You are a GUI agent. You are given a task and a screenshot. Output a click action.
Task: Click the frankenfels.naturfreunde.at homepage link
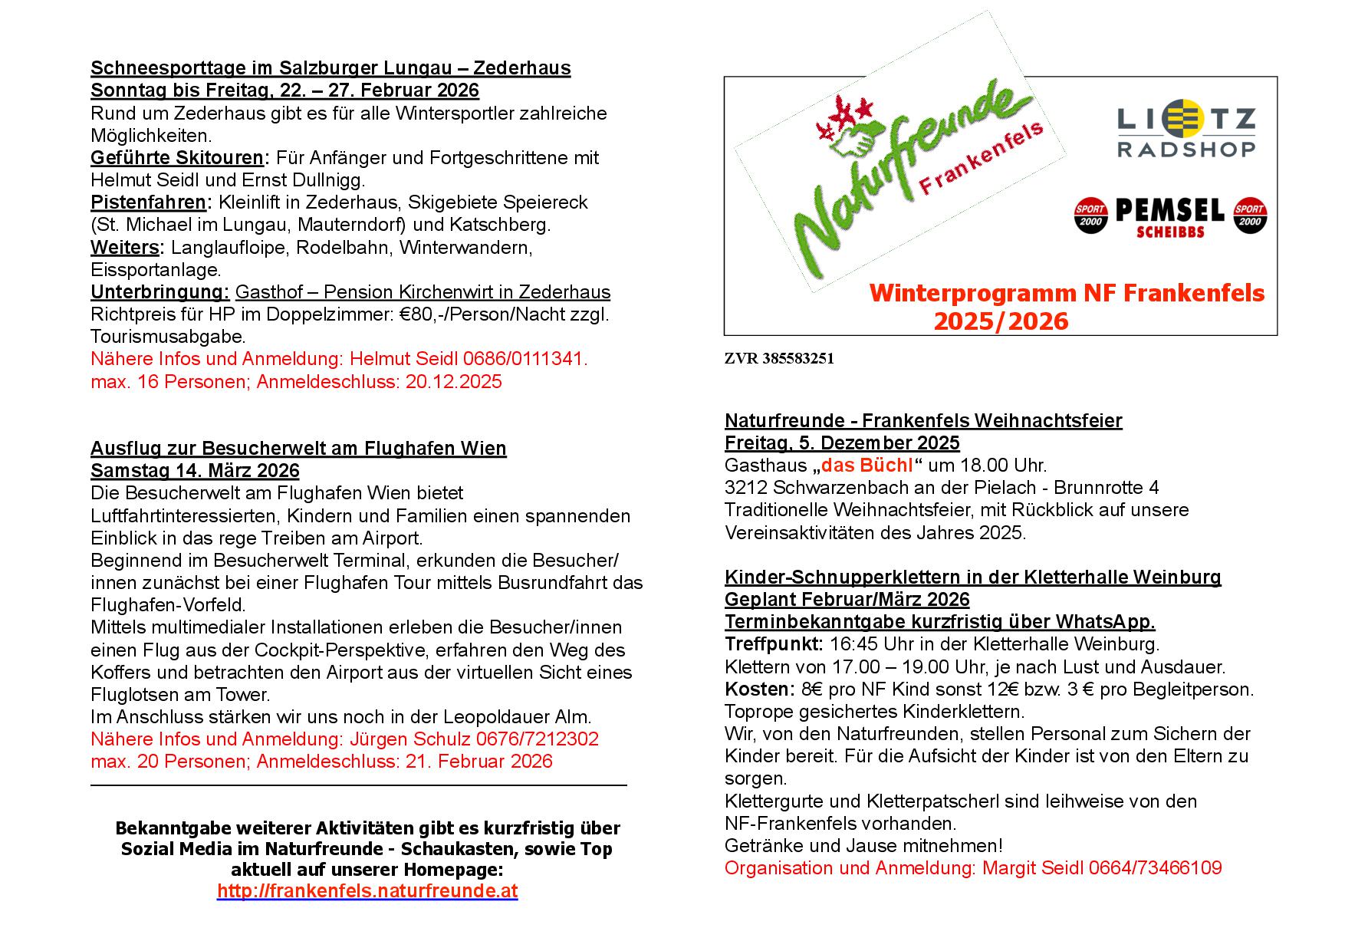367,891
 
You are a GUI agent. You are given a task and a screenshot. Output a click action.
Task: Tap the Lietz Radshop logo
1186,132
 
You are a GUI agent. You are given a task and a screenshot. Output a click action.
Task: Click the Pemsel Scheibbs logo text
1169,216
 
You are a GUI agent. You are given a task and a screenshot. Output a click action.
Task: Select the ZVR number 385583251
797,359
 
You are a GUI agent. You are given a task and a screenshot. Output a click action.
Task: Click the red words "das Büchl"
867,466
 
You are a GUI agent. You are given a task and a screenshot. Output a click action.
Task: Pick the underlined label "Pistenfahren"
148,202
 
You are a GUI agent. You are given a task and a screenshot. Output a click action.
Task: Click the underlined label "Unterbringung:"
159,292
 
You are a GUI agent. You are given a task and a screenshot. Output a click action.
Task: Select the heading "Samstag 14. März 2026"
195,470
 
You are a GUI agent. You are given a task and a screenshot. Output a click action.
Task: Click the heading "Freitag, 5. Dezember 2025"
842,443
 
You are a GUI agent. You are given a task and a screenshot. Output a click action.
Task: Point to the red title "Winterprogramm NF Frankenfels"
1067,293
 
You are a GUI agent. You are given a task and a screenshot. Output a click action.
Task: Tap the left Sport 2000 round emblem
1090,216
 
